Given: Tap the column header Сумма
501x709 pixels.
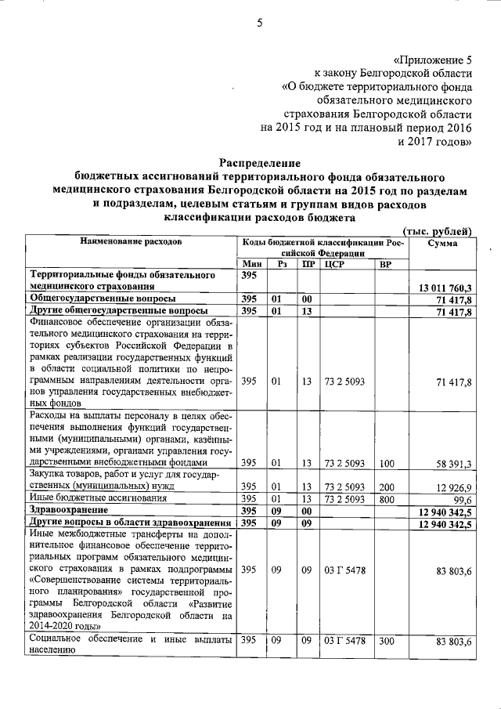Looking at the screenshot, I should coord(443,243).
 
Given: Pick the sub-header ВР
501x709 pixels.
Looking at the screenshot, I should coord(384,265).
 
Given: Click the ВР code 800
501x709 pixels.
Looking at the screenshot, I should coord(384,498).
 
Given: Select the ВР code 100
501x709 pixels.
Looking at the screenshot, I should coord(384,464).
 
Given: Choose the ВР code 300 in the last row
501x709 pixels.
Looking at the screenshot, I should coord(384,642).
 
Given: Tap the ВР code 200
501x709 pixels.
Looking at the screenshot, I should coord(384,487).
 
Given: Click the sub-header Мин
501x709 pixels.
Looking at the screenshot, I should coord(250,265).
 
